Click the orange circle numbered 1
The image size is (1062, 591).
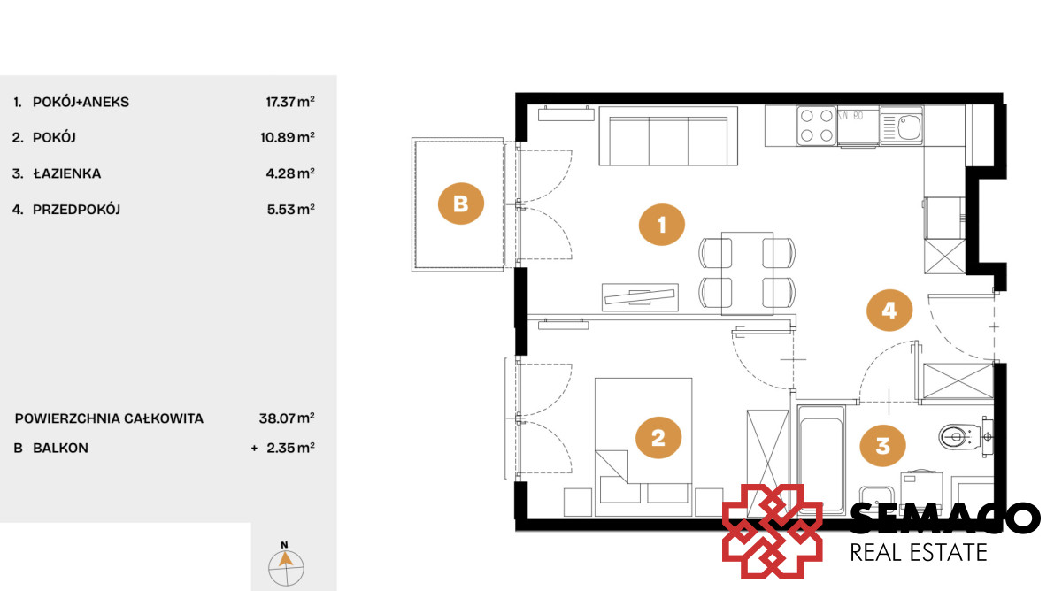pyautogui.click(x=661, y=225)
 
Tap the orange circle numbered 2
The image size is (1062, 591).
pyautogui.click(x=658, y=437)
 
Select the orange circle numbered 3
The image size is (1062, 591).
pyautogui.click(x=882, y=446)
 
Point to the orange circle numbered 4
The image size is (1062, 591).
pyautogui.click(x=889, y=311)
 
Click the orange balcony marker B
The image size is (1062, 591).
pyautogui.click(x=461, y=203)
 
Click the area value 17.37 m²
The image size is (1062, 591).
pyautogui.click(x=290, y=102)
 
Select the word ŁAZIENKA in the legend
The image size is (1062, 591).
pyautogui.click(x=67, y=173)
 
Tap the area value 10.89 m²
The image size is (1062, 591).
pyautogui.click(x=288, y=137)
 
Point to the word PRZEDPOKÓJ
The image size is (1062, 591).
pyautogui.click(x=76, y=210)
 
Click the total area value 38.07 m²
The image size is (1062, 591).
pyautogui.click(x=287, y=418)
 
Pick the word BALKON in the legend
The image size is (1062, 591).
pyautogui.click(x=60, y=448)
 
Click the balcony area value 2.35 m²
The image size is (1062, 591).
pyautogui.click(x=290, y=448)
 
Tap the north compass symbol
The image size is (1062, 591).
pyautogui.click(x=285, y=564)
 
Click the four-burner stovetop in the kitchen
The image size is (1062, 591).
pyautogui.click(x=816, y=125)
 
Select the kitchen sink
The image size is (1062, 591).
pyautogui.click(x=901, y=126)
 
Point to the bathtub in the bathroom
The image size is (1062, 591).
pyautogui.click(x=821, y=459)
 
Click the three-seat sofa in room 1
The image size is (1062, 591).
pyautogui.click(x=668, y=136)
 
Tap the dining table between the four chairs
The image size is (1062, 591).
pyautogui.click(x=747, y=273)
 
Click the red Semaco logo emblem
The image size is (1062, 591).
pyautogui.click(x=772, y=532)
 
